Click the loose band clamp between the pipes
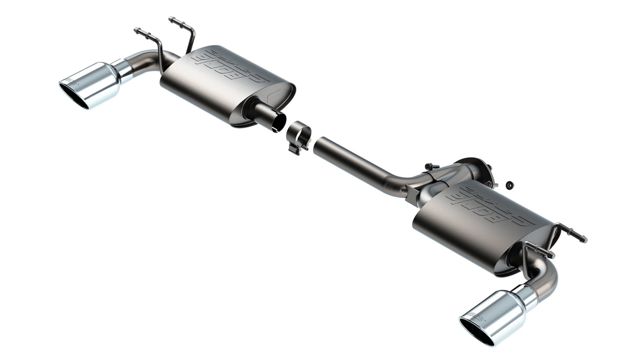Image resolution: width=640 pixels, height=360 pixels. click(x=298, y=137)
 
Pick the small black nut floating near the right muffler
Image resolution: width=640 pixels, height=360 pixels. click(x=509, y=185)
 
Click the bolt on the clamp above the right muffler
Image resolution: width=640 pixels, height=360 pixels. click(x=430, y=167)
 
